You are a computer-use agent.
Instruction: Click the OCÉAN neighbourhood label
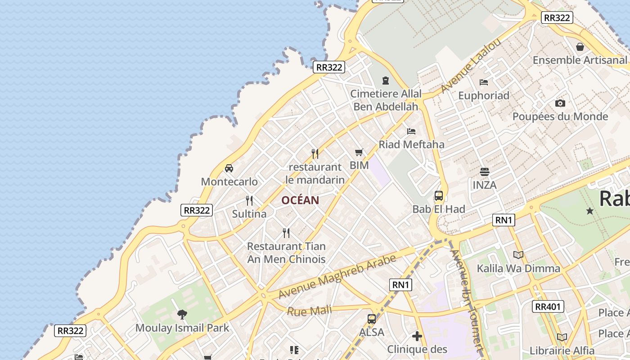coord(300,200)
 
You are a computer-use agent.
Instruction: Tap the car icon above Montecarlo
coord(229,168)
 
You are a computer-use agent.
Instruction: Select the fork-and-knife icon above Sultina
coord(249,200)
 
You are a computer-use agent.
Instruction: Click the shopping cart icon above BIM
coord(359,152)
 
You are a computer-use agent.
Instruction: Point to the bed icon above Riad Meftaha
coord(411,131)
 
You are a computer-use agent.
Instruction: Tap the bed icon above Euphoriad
coord(484,82)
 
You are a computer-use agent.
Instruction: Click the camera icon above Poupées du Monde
coord(560,103)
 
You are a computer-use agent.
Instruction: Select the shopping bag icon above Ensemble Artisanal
coord(580,46)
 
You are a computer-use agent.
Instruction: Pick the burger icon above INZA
coord(485,171)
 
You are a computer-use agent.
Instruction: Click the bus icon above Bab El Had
coord(439,196)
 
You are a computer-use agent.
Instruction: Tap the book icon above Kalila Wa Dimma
coord(518,255)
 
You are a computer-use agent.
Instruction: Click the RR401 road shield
coord(548,307)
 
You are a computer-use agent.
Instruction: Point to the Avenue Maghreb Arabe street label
coord(337,277)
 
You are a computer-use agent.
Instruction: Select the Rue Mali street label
coord(309,310)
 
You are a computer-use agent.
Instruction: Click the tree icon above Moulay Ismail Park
coord(182,314)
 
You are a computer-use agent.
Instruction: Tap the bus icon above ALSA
coord(372,319)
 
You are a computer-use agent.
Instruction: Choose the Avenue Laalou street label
coord(471,66)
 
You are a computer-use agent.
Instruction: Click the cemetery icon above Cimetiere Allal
coord(386,81)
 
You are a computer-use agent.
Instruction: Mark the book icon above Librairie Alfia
coord(562,337)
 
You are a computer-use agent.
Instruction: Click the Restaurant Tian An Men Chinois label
coord(286,252)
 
